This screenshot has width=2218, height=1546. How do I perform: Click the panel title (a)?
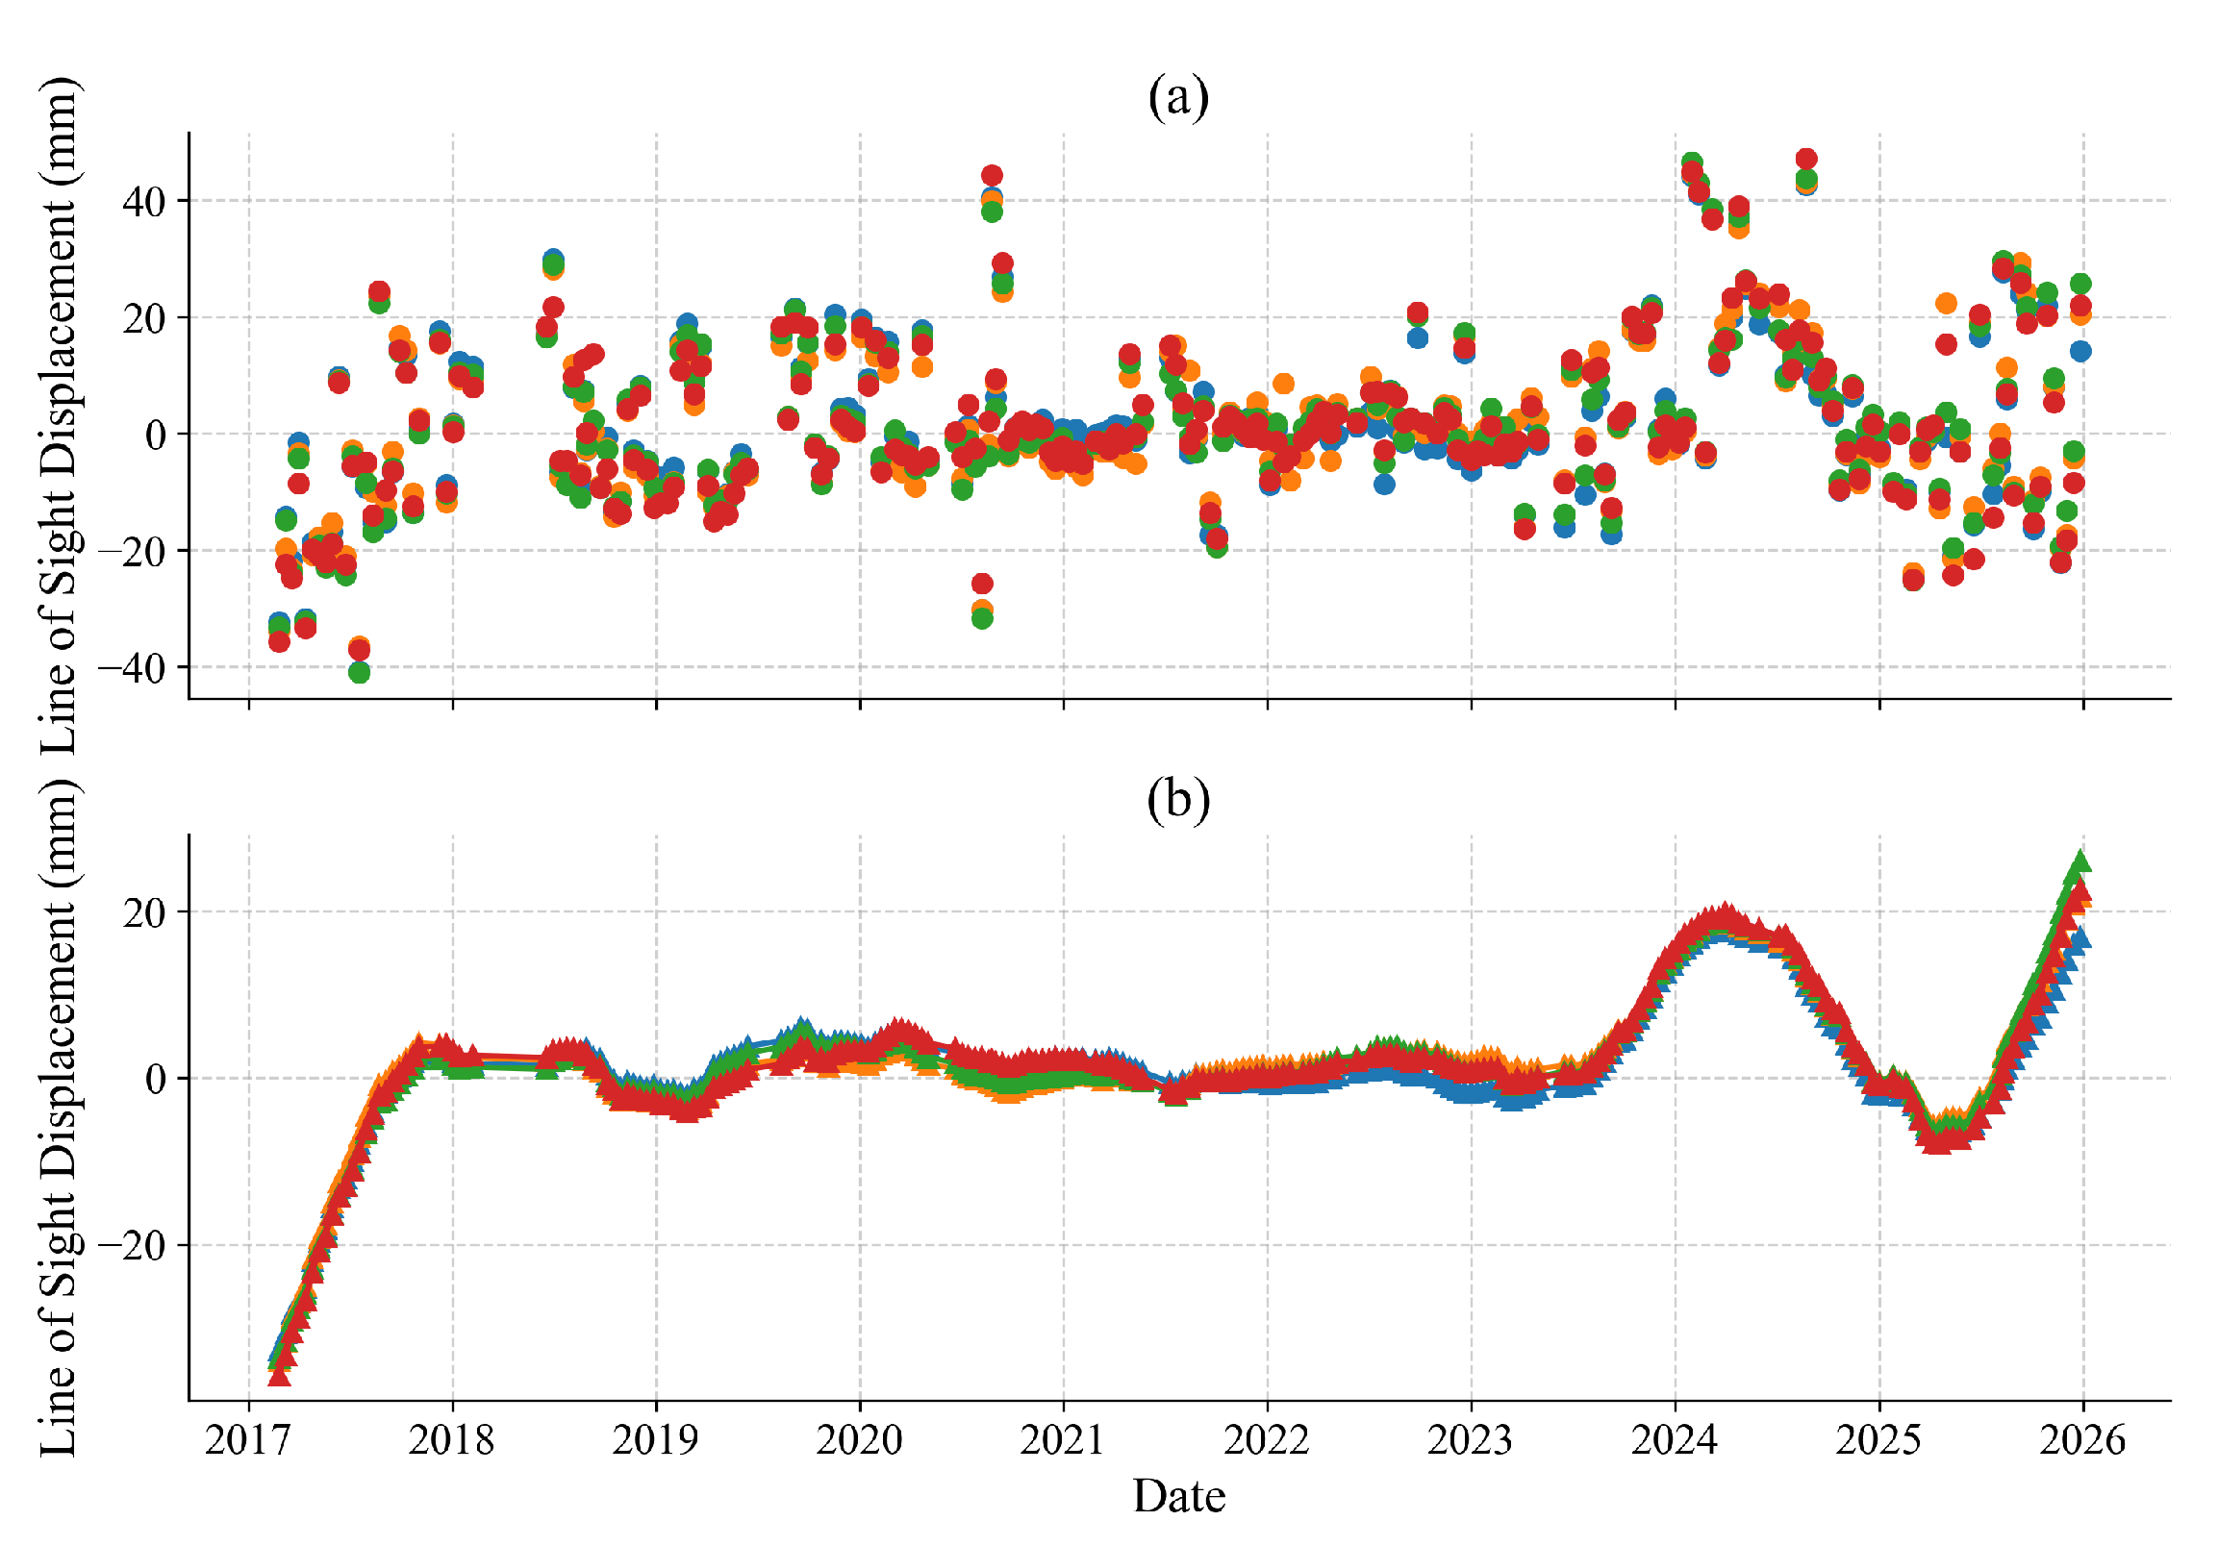point(1177,97)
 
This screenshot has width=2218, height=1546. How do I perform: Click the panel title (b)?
point(1177,800)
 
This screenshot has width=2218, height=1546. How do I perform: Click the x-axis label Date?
point(1178,1496)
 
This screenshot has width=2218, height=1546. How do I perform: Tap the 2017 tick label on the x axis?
point(248,1440)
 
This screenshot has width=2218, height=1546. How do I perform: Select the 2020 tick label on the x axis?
point(859,1440)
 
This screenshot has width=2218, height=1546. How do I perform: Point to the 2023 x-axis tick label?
point(1471,1440)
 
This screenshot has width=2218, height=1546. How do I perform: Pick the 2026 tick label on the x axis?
point(2081,1440)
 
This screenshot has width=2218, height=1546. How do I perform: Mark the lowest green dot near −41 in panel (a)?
point(360,672)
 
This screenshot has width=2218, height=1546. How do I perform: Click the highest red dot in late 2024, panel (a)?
point(1805,159)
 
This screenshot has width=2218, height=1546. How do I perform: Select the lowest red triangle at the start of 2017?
point(279,1374)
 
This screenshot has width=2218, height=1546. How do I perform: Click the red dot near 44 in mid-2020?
point(991,175)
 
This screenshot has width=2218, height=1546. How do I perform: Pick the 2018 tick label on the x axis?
point(451,1440)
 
